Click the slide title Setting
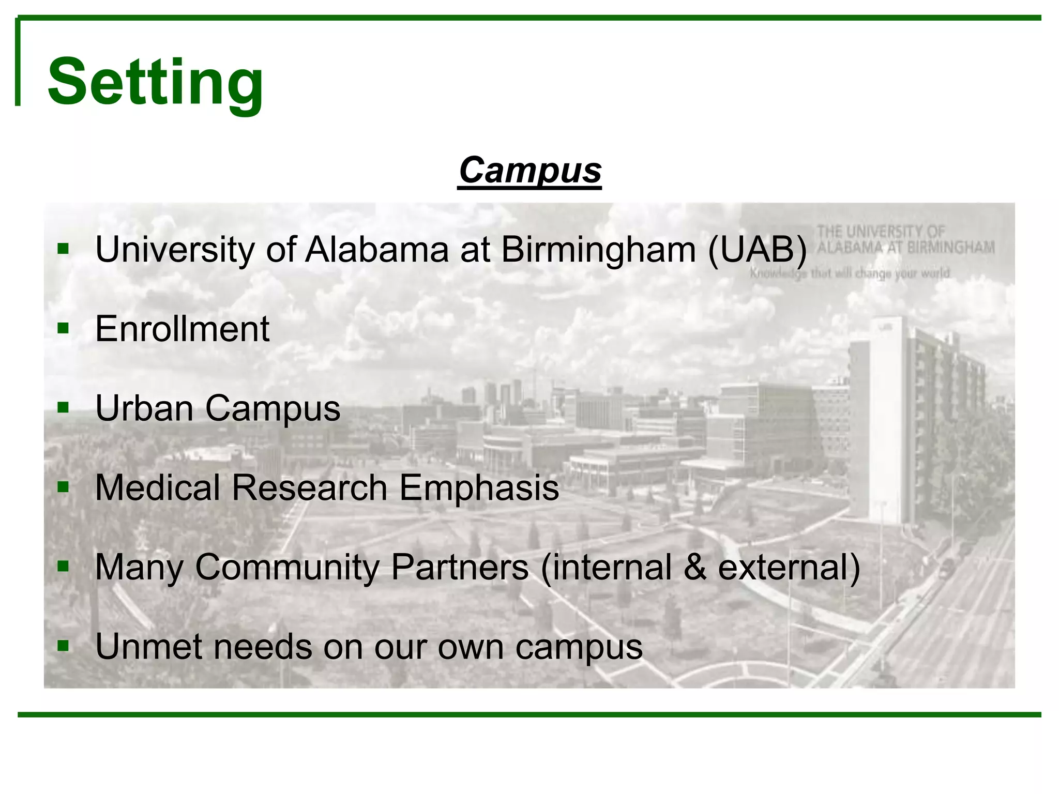click(155, 83)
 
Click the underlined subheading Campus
click(530, 170)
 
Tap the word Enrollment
click(182, 329)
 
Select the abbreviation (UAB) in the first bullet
click(757, 250)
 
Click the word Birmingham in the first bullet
click(598, 250)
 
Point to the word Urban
click(144, 408)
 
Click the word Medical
click(157, 487)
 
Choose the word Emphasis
click(479, 487)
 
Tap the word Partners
click(460, 567)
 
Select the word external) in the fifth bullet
click(789, 567)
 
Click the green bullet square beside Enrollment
click(63, 329)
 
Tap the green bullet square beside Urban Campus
click(63, 408)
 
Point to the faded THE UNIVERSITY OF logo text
click(881, 231)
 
